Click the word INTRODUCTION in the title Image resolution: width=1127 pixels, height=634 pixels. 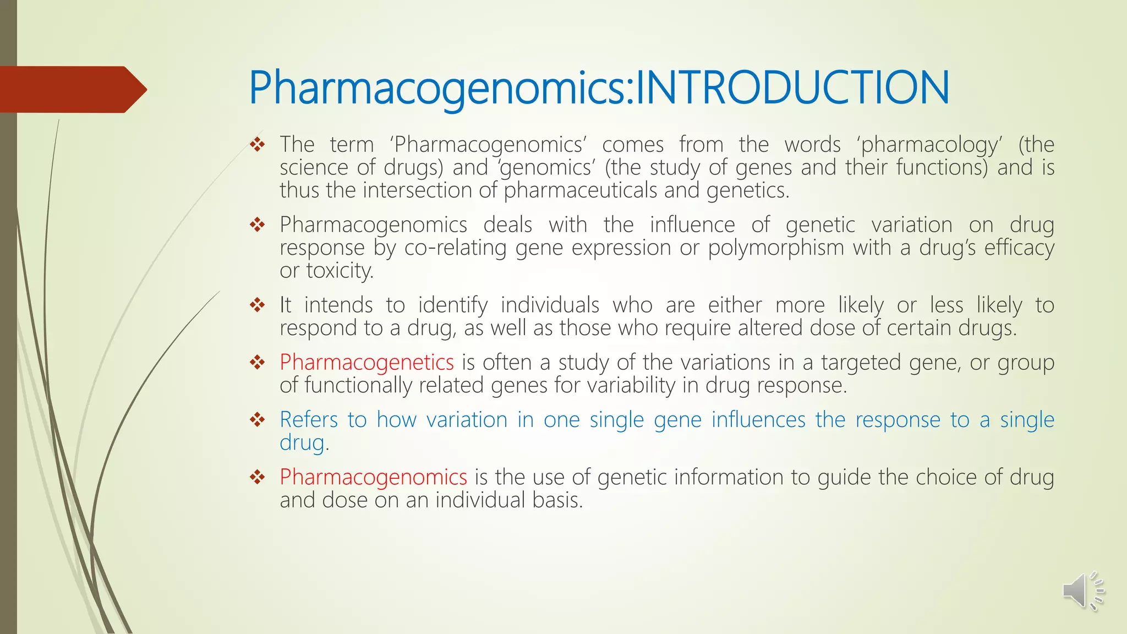tap(792, 88)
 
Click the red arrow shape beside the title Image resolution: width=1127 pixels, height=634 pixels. tap(72, 89)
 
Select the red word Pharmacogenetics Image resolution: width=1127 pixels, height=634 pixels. tap(366, 363)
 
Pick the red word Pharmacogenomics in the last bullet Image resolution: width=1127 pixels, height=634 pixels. tap(373, 477)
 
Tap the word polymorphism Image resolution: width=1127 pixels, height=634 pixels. tap(776, 248)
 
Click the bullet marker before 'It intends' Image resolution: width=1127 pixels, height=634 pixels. tap(257, 305)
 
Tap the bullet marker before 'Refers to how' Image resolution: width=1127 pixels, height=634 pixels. tap(257, 420)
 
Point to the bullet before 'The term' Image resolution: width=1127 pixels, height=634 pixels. tap(257, 145)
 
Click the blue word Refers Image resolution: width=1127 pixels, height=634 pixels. tap(308, 420)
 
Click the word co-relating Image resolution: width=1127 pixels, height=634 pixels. tap(455, 248)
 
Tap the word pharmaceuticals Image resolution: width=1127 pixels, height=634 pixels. tap(581, 191)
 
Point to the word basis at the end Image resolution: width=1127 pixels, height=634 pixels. tap(556, 500)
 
